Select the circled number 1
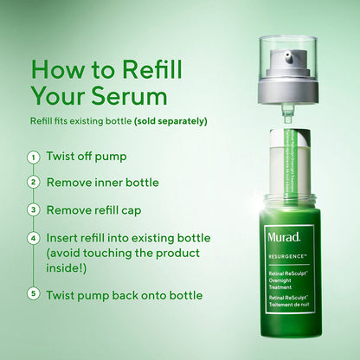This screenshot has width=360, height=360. (x=33, y=157)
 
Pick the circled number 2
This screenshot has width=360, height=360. (x=33, y=183)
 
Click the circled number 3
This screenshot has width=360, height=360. (x=33, y=209)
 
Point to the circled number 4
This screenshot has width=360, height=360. (x=33, y=237)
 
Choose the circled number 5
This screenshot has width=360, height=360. (x=33, y=294)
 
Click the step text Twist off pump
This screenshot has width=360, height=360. (x=87, y=157)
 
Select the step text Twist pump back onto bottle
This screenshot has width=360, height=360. (x=125, y=295)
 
